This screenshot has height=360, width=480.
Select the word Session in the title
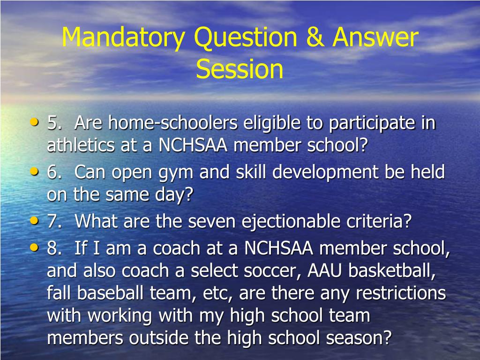pyautogui.click(x=240, y=69)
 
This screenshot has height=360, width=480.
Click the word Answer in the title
pyautogui.click(x=375, y=37)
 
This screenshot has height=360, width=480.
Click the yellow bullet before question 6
pyautogui.click(x=34, y=172)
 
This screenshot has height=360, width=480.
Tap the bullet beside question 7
pyautogui.click(x=34, y=221)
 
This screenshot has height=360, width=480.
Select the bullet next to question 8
pyautogui.click(x=34, y=248)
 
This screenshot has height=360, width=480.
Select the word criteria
pyautogui.click(x=381, y=222)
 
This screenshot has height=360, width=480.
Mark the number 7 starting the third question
pyautogui.click(x=52, y=222)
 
